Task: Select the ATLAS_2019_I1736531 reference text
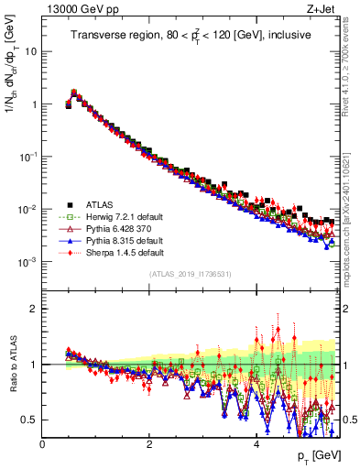pos(190,274)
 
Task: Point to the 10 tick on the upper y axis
pos(30,51)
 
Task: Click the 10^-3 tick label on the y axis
pos(27,262)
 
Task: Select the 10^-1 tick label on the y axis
pos(27,157)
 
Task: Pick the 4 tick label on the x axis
pos(256,443)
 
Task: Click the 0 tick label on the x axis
pos(42,443)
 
